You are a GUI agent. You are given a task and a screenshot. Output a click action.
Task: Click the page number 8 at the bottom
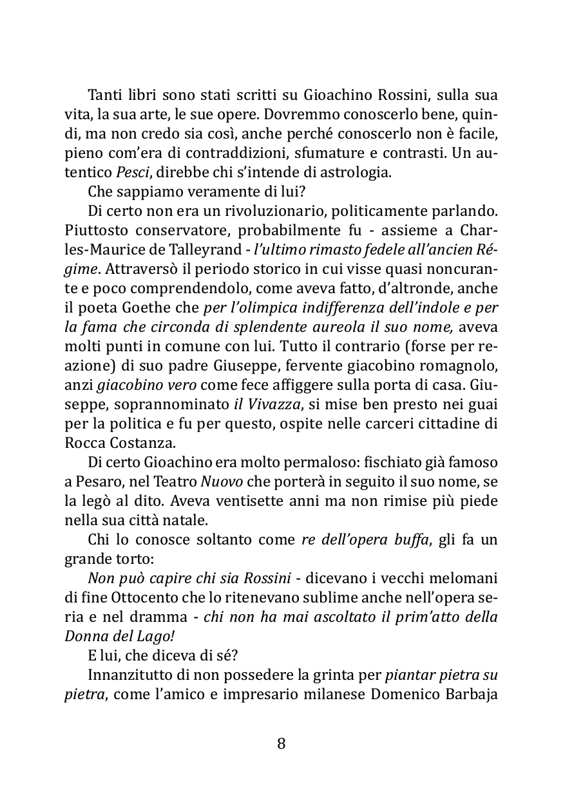point(281,744)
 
